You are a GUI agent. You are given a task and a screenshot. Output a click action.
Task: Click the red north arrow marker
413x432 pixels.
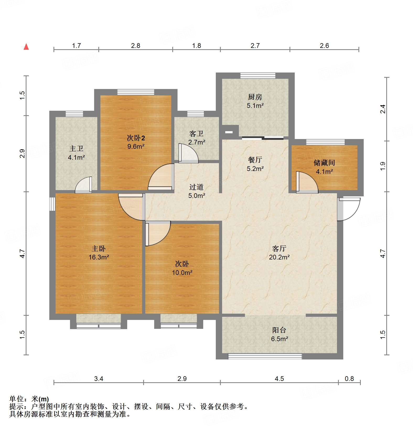(26, 47)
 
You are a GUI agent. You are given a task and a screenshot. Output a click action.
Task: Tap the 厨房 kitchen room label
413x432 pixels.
(255, 97)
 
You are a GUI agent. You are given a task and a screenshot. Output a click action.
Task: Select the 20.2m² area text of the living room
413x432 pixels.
(279, 257)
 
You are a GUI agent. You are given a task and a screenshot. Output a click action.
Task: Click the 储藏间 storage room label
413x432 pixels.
(324, 163)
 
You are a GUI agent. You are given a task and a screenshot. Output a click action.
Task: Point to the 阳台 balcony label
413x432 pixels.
(279, 330)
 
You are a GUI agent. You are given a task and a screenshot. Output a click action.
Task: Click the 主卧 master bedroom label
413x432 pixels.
(99, 248)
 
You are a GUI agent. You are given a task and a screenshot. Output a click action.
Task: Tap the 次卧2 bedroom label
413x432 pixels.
(136, 138)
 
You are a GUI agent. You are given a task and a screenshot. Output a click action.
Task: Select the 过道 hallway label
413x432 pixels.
(196, 187)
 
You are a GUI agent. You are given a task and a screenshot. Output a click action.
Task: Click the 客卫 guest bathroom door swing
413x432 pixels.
(188, 153)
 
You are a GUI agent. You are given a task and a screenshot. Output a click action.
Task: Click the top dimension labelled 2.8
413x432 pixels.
(136, 46)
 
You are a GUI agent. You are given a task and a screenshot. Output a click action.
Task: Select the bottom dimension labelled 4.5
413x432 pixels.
(279, 379)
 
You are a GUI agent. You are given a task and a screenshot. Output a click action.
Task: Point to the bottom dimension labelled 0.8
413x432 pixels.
(349, 379)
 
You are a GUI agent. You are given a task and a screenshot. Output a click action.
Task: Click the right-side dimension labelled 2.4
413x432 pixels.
(383, 109)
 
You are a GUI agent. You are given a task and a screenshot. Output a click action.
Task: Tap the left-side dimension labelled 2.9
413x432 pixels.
(23, 153)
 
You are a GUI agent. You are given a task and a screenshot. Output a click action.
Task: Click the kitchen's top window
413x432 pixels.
(258, 76)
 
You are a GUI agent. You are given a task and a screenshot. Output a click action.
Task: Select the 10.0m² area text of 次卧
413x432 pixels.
(182, 273)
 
